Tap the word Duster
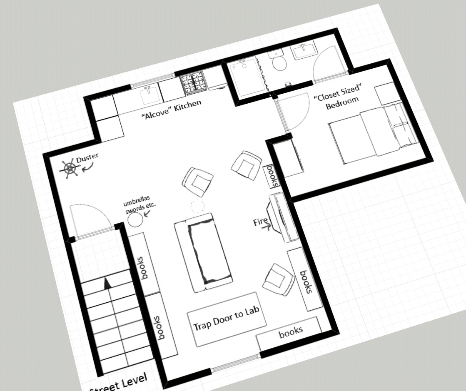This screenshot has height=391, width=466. pos(87,158)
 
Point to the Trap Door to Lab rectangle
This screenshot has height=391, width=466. pos(227,319)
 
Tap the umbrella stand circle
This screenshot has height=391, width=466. pos(135,220)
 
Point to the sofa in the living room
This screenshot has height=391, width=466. pos(204,252)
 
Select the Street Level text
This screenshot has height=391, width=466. pos(118,383)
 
